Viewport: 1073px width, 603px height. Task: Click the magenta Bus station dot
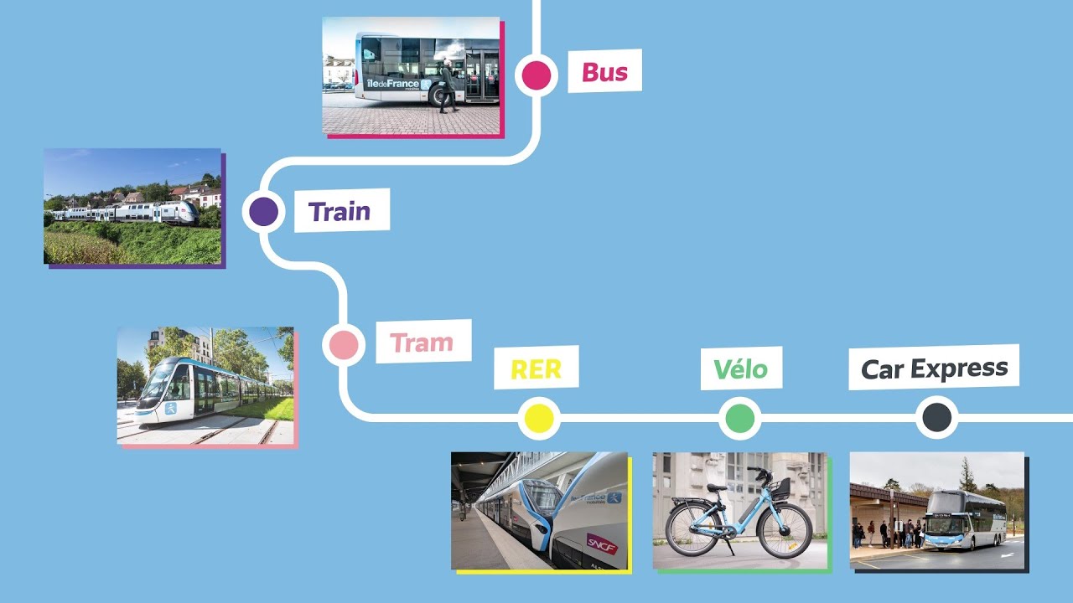pyautogui.click(x=536, y=75)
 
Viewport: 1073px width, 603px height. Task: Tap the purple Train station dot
pyautogui.click(x=263, y=212)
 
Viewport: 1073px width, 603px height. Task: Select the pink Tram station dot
pyautogui.click(x=344, y=344)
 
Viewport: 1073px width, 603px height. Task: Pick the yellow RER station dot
pyautogui.click(x=539, y=418)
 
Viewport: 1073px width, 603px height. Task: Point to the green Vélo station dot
pyautogui.click(x=740, y=418)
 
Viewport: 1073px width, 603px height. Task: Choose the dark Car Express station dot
pyautogui.click(x=937, y=417)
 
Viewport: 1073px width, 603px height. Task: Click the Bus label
pyautogui.click(x=604, y=72)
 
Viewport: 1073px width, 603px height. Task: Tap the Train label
pyautogui.click(x=340, y=212)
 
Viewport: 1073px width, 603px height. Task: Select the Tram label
pyautogui.click(x=422, y=343)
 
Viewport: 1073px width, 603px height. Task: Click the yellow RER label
pyautogui.click(x=536, y=369)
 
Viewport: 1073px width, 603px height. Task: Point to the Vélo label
pyautogui.click(x=740, y=369)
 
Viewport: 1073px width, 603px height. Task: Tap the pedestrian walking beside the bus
pyautogui.click(x=448, y=85)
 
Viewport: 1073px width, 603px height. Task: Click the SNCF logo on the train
pyautogui.click(x=602, y=544)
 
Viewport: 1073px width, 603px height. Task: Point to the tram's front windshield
pyautogui.click(x=157, y=382)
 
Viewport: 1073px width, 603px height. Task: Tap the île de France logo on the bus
pyautogui.click(x=398, y=85)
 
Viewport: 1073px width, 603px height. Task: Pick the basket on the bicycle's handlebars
pyautogui.click(x=780, y=487)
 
